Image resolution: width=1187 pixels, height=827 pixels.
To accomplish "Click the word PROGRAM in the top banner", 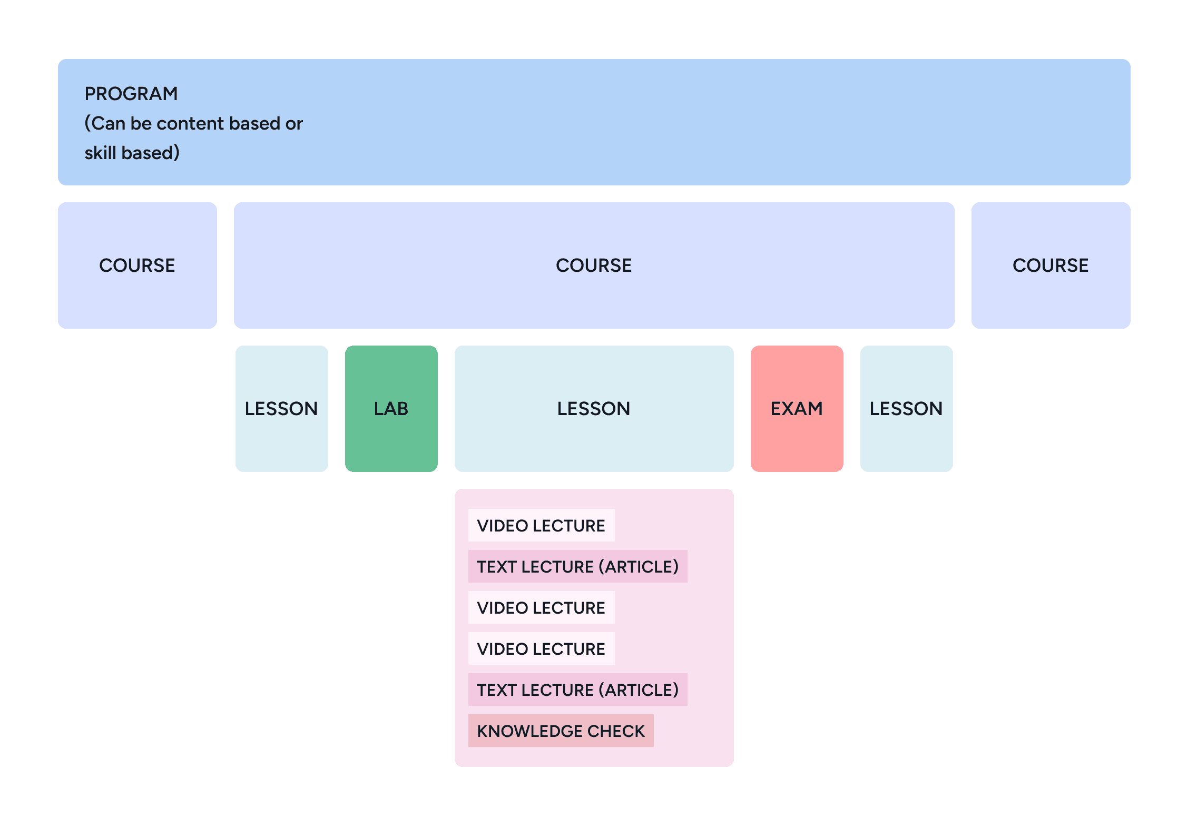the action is tap(131, 94).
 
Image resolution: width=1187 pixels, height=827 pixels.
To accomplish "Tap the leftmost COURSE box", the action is tap(138, 265).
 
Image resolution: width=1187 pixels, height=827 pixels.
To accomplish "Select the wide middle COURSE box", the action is tap(594, 265).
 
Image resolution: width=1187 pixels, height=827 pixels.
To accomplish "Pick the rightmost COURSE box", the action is tap(1051, 265).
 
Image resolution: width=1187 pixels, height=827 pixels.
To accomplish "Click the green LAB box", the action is tap(391, 409).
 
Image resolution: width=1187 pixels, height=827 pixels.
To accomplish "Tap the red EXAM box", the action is tap(797, 409).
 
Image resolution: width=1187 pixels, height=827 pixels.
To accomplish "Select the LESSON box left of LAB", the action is tap(282, 409).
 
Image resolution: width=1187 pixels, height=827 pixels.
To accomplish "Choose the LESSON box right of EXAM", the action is tap(907, 409).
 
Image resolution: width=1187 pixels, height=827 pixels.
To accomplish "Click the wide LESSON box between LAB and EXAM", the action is tap(594, 409).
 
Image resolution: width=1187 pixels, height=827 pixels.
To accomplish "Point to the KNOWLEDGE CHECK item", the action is tap(561, 731).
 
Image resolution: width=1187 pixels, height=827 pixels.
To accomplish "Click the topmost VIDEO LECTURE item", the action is tap(542, 525).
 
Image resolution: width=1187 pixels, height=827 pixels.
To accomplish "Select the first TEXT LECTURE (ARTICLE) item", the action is tap(578, 566).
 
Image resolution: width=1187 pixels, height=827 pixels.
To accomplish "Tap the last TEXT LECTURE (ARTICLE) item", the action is tap(578, 690).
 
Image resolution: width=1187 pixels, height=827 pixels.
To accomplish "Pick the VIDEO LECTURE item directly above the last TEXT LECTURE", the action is tap(542, 648).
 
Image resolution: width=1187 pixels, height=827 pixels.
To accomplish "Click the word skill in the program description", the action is tap(101, 153).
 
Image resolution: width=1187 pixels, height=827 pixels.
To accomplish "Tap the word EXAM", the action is tap(797, 409).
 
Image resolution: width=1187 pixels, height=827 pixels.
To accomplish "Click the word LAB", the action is tap(391, 409).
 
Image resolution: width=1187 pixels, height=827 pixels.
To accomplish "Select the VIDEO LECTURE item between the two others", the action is tap(542, 607).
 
